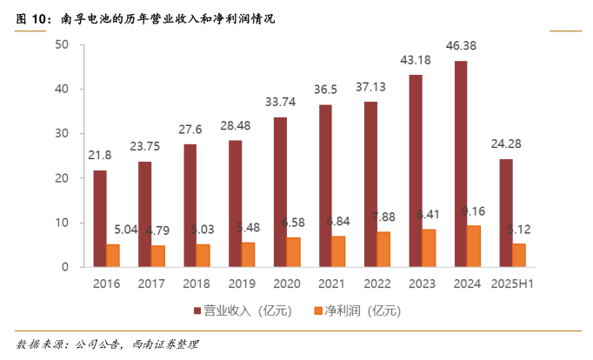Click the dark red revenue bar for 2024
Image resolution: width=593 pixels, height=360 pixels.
pos(461,163)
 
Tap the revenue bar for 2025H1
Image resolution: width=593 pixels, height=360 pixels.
pos(506,213)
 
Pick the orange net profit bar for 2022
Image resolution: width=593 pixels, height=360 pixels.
pos(383,250)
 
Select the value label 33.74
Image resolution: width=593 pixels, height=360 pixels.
pos(280,101)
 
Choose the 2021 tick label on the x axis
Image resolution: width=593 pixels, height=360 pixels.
pos(332,283)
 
